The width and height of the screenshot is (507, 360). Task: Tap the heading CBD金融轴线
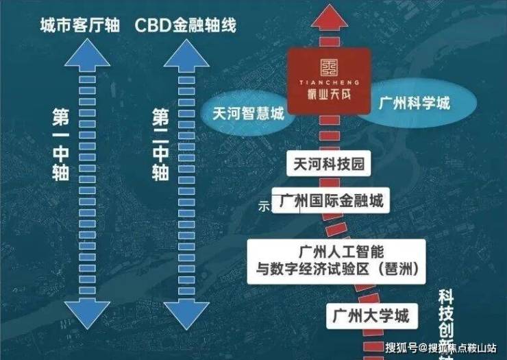[x=185, y=26]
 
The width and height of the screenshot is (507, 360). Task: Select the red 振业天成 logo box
[x=330, y=80]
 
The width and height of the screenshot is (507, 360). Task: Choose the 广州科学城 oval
[x=415, y=104]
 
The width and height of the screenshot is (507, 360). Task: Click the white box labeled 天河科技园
[x=327, y=165]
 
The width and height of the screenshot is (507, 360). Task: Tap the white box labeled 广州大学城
[x=370, y=316]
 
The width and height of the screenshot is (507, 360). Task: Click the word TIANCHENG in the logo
[x=329, y=81]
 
